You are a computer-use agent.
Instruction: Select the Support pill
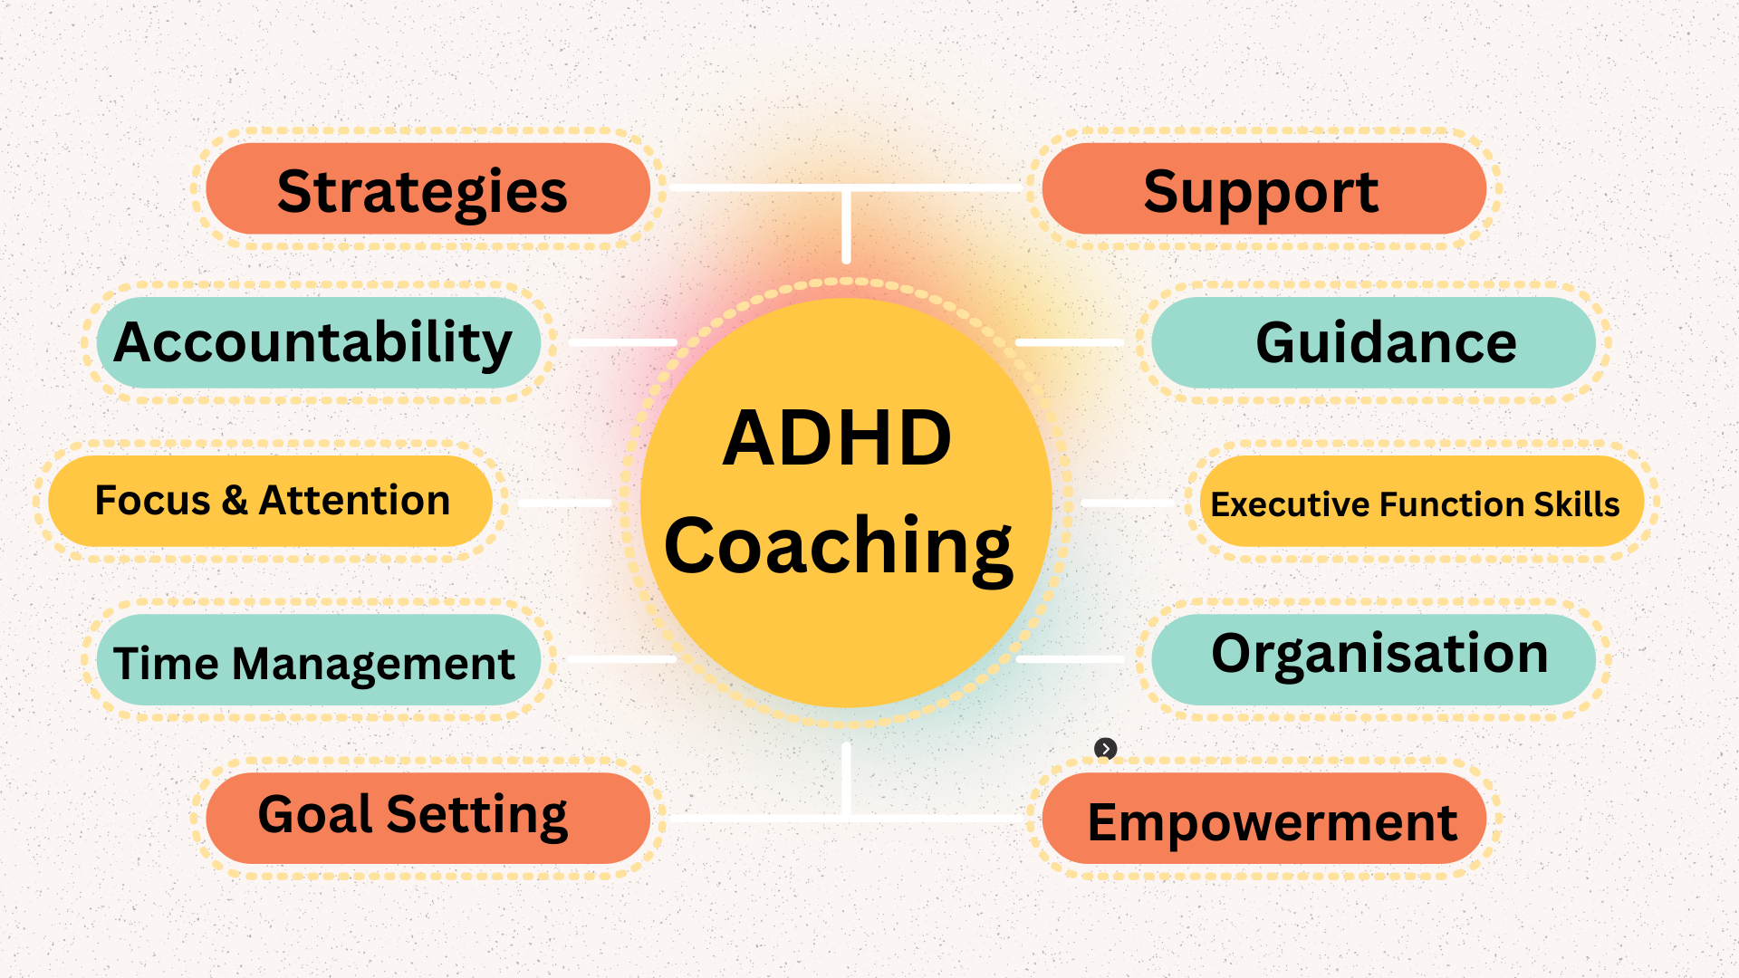point(1263,189)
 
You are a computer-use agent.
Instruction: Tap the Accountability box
point(317,343)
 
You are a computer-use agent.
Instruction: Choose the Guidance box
point(1373,343)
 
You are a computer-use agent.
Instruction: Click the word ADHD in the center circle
point(837,438)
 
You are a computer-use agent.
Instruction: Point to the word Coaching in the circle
point(839,545)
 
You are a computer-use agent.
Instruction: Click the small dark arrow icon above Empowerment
point(1105,748)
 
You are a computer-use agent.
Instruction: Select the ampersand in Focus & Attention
point(235,501)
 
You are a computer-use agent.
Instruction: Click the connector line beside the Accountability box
point(623,343)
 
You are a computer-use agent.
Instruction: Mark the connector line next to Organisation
point(1071,659)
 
